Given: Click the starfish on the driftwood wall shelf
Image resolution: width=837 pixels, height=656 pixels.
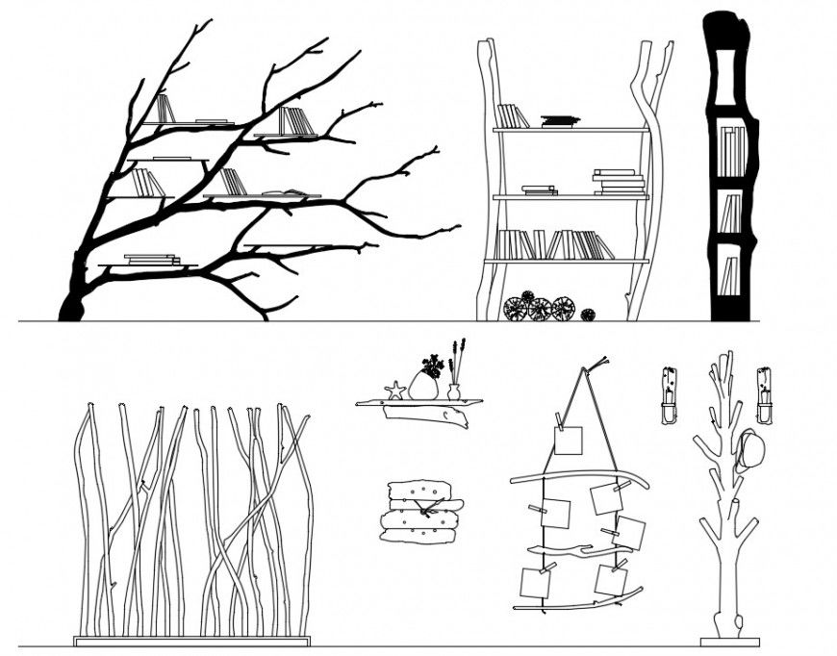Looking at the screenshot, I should (394, 391).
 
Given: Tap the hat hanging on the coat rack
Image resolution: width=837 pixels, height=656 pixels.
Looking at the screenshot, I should (749, 449).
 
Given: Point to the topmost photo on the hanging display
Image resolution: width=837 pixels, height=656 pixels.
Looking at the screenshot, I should (568, 441).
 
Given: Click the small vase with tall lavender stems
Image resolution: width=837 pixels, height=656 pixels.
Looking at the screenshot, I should (454, 391).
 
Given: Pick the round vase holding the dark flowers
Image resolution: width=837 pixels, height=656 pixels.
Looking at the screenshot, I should (424, 385).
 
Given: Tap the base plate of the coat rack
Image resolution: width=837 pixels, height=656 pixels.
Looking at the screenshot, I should (729, 642).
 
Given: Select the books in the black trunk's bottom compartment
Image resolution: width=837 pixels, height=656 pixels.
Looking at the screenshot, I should (729, 274).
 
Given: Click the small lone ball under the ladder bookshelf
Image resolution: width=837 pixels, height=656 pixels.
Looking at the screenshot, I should (587, 315).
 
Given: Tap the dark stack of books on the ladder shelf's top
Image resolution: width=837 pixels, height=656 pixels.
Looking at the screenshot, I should (560, 121).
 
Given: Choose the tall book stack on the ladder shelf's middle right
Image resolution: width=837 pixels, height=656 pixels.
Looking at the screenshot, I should (619, 182).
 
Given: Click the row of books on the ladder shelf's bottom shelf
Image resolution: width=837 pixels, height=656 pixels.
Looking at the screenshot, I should (553, 245).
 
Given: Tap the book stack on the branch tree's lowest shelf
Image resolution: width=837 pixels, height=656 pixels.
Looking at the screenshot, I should (152, 259).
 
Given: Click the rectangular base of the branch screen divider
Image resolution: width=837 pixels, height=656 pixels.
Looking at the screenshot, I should (192, 641).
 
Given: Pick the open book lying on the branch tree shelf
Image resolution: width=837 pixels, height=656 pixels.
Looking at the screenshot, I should (285, 193).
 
